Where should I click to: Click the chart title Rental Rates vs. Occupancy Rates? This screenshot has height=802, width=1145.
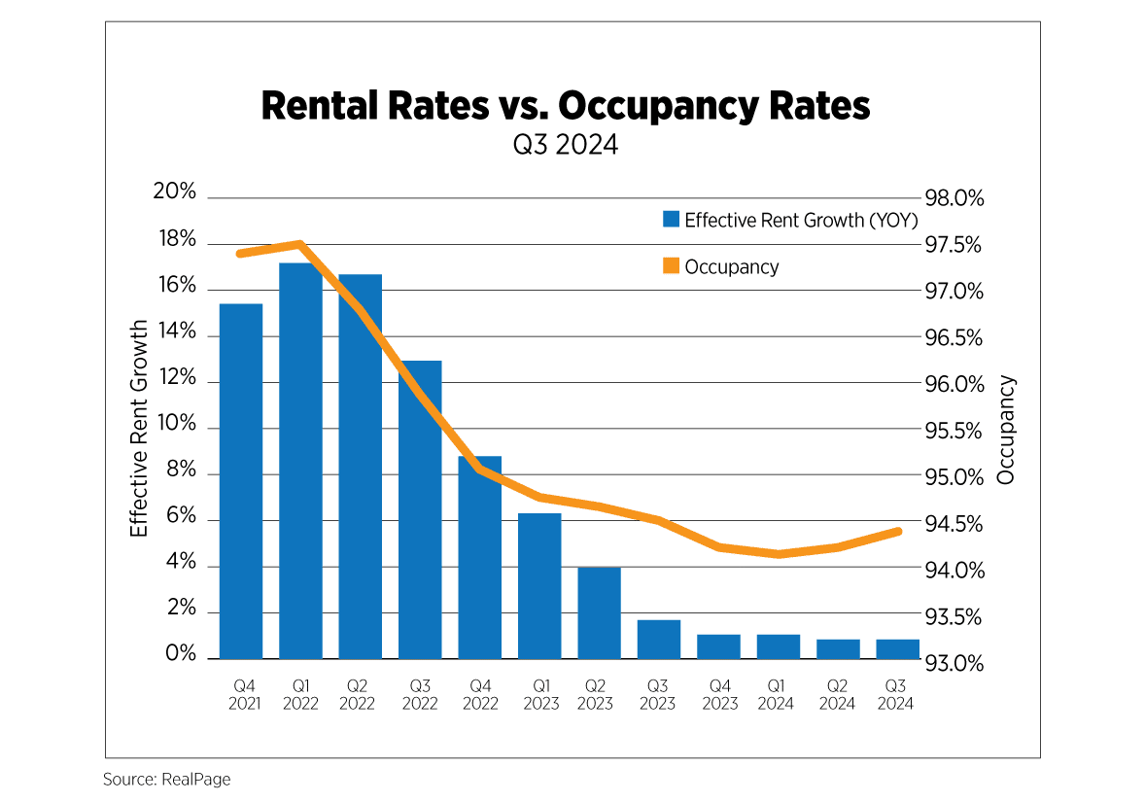click(x=566, y=106)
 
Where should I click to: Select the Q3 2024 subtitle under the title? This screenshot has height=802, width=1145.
click(x=566, y=146)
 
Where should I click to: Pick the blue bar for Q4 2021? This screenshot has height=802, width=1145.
click(x=241, y=481)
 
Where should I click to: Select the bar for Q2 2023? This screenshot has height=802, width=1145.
click(x=599, y=612)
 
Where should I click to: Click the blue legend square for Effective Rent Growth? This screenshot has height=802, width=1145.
click(x=671, y=220)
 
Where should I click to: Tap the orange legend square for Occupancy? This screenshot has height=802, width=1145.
click(x=671, y=266)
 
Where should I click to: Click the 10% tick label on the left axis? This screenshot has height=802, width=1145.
click(x=175, y=426)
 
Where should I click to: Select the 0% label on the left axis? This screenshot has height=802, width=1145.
click(x=181, y=655)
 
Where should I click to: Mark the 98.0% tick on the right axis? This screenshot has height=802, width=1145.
click(x=954, y=198)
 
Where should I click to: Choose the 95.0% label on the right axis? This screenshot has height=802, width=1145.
click(x=954, y=477)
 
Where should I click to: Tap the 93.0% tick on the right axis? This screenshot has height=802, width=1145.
click(x=954, y=664)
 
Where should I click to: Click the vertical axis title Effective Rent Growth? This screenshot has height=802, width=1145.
click(x=140, y=428)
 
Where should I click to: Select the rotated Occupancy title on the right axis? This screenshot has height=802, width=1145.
click(x=1006, y=430)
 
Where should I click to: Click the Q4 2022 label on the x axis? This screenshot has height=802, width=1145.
click(x=479, y=694)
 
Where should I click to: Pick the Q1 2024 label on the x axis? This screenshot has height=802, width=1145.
click(x=778, y=694)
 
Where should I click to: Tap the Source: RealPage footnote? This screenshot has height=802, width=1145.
click(x=167, y=780)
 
